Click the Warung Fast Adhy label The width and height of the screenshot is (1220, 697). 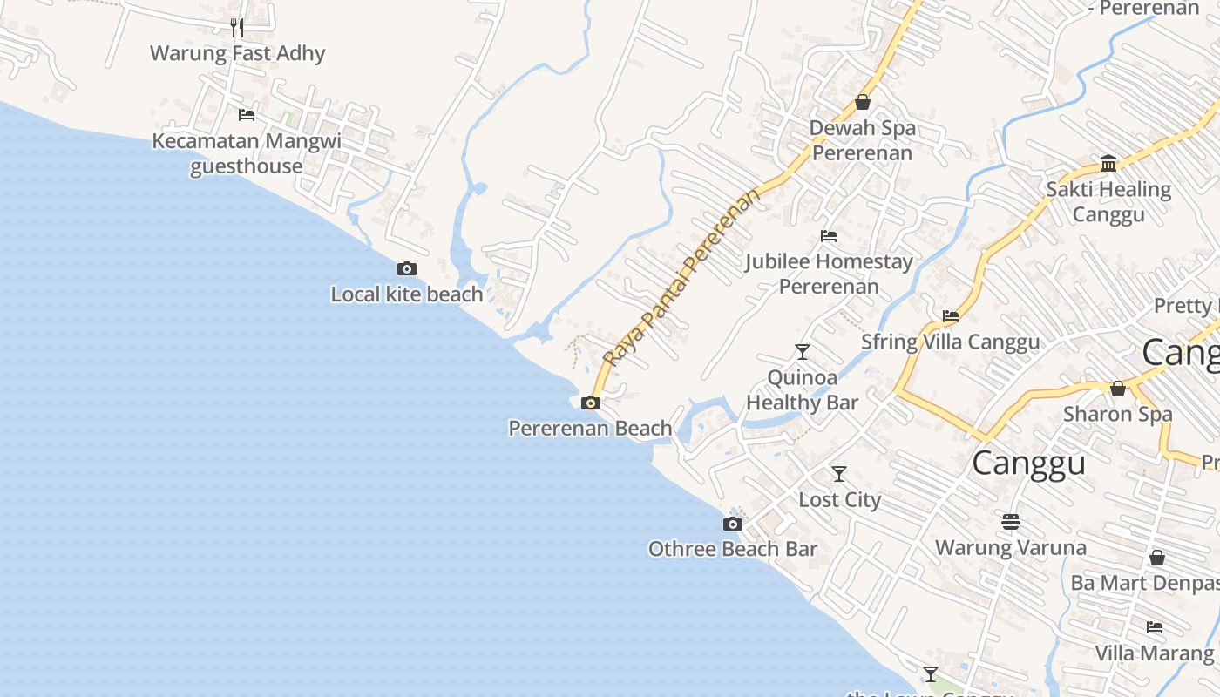237,53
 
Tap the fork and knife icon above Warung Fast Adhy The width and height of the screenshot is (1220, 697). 236,27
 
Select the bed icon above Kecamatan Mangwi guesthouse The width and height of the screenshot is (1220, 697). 247,114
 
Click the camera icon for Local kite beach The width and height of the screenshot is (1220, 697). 406,268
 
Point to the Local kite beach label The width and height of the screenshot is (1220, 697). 406,294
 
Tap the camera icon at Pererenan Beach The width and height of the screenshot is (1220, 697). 590,403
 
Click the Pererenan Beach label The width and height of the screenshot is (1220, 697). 590,429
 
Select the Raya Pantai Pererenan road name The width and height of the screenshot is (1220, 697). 681,276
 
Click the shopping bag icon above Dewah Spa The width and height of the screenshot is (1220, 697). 863,102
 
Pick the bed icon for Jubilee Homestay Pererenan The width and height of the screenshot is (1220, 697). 829,235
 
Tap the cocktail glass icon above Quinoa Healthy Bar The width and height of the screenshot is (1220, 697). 803,351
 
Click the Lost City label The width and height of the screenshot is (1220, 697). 840,500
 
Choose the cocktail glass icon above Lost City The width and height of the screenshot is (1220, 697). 839,474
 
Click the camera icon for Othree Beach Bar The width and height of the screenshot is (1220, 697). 733,524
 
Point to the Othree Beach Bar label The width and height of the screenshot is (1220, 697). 733,549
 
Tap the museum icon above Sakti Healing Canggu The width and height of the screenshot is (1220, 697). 1108,163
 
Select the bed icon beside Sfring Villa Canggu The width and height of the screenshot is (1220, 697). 951,316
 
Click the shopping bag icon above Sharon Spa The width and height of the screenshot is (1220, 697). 1118,389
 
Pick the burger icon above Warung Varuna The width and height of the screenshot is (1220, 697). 1011,522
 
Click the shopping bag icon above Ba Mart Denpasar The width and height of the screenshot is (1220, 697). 1157,557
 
